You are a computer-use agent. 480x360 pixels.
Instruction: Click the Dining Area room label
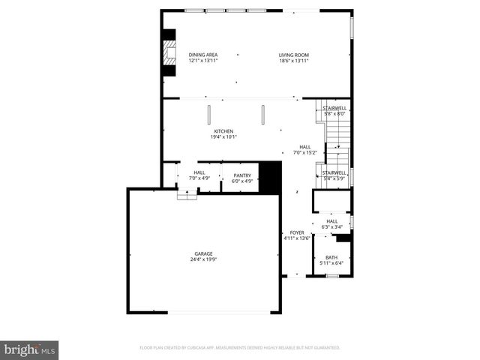click(x=203, y=55)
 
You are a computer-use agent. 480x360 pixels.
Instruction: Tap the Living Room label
click(x=294, y=55)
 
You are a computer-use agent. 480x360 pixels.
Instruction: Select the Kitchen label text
click(x=223, y=131)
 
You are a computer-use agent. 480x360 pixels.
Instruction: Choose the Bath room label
click(x=331, y=257)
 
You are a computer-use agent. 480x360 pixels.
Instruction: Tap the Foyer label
click(x=298, y=232)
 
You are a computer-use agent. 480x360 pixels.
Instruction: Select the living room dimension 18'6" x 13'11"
click(x=294, y=60)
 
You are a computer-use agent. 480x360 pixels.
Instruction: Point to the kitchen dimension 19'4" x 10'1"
click(x=223, y=136)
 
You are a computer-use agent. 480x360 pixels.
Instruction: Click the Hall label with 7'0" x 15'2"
click(x=305, y=147)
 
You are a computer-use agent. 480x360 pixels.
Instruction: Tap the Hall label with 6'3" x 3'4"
click(x=331, y=220)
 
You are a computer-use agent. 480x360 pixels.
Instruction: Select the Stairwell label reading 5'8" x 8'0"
click(x=334, y=108)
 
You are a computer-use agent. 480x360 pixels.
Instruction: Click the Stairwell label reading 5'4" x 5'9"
click(x=334, y=172)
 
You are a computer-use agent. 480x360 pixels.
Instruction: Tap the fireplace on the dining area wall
click(x=169, y=55)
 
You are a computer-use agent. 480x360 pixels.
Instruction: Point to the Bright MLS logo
click(x=30, y=349)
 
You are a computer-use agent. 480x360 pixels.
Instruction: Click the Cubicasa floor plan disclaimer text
click(x=240, y=348)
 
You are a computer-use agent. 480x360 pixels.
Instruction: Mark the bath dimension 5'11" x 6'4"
click(x=331, y=263)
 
